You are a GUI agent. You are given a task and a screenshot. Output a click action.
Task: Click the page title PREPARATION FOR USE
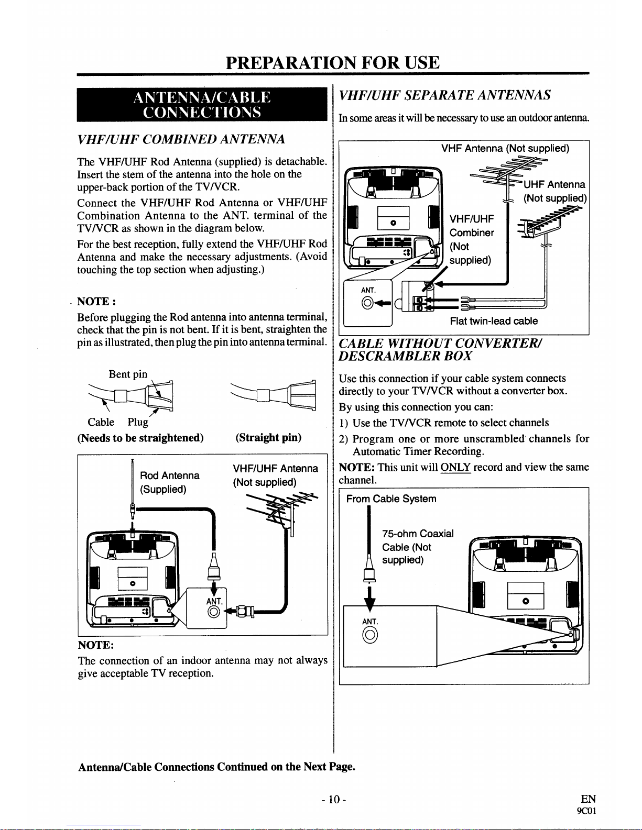(332, 63)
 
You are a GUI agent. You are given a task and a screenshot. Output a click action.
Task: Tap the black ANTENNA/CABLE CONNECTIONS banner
(202, 105)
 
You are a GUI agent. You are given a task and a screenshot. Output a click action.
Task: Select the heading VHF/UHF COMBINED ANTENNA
(181, 139)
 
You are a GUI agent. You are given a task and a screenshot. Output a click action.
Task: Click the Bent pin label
(128, 374)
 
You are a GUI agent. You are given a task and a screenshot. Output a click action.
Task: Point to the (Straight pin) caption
(268, 437)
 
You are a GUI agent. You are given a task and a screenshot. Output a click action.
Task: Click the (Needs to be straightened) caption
(140, 438)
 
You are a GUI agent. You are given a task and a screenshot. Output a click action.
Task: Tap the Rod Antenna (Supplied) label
(169, 482)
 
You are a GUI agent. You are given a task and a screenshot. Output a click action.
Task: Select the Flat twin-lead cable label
(494, 321)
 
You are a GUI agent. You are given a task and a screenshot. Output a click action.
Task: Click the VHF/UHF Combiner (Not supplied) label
(472, 239)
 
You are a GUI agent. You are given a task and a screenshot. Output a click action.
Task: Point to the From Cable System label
(391, 499)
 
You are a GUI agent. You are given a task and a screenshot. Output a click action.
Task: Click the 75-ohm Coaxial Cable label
(418, 547)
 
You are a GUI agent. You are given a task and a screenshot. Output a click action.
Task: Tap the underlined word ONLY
(455, 467)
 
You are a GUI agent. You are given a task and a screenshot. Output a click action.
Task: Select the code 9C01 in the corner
(586, 811)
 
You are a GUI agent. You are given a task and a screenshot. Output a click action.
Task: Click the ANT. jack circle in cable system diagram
(369, 635)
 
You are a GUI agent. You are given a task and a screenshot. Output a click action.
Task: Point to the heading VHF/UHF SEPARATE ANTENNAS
(445, 95)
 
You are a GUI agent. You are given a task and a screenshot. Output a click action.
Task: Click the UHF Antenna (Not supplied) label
(554, 191)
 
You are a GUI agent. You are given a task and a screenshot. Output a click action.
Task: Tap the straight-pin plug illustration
(274, 395)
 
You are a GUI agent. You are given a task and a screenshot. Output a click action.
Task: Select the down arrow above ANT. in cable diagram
(369, 599)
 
